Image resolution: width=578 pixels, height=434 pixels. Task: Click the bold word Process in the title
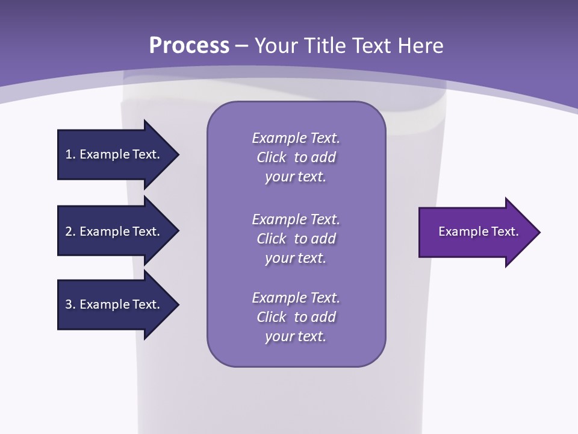tap(189, 46)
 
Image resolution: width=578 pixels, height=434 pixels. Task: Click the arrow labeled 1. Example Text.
tap(114, 154)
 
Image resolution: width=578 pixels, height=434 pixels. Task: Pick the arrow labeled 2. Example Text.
tap(114, 231)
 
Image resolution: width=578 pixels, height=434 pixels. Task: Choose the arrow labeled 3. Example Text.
tap(114, 304)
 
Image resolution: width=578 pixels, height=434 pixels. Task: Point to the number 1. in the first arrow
tap(70, 154)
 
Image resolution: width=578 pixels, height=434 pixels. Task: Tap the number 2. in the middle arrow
tap(70, 231)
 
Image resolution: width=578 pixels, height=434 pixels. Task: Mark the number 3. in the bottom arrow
tap(70, 304)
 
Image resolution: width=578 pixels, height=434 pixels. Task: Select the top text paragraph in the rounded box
tap(296, 157)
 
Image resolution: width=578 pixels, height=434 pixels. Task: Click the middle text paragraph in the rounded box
tap(296, 239)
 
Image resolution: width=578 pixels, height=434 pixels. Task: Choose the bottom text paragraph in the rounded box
tap(296, 317)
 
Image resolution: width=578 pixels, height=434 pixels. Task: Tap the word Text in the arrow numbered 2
tap(145, 231)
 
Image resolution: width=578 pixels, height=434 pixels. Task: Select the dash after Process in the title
tap(242, 46)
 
